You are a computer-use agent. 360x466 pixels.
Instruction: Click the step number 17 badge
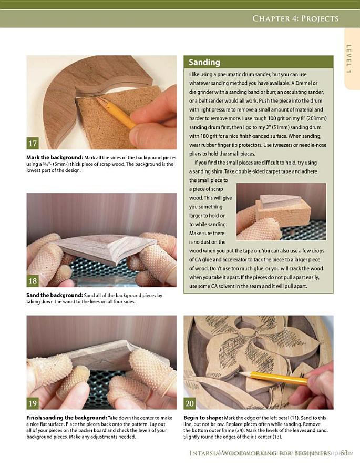[33, 143]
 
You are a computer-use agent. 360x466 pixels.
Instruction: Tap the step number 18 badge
[33, 281]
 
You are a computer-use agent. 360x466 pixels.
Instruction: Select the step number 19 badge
[33, 403]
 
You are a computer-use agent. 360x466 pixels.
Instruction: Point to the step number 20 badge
[190, 403]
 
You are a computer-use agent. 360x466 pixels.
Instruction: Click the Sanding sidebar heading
[204, 62]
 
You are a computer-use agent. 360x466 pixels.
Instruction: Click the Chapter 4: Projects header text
[295, 18]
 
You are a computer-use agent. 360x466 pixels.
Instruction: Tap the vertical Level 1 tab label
[349, 59]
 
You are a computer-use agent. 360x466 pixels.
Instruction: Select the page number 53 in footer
[344, 453]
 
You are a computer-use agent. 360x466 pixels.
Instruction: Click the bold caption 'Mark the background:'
[55, 157]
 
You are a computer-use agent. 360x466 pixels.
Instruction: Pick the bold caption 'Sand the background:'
[55, 295]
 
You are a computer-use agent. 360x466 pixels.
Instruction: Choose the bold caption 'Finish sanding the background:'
[67, 418]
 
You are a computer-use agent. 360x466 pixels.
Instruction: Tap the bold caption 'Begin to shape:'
[203, 418]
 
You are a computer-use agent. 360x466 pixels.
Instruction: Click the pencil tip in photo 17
[97, 97]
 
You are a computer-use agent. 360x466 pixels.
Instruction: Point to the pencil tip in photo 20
[240, 373]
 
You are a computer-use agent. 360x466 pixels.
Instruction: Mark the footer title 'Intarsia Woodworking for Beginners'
[260, 453]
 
